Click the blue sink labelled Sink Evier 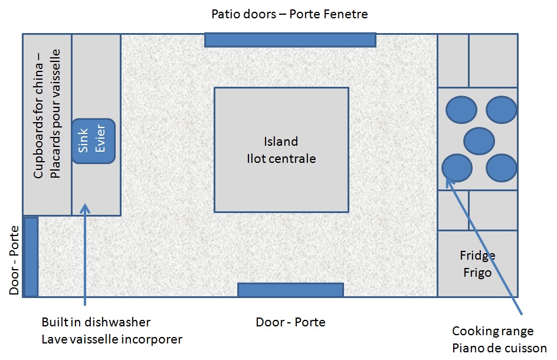point(93,141)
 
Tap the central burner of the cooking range point(479,141)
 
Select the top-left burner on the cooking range point(461,110)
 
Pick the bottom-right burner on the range point(501,168)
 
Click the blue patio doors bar point(290,40)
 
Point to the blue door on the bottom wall point(290,290)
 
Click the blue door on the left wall point(31,257)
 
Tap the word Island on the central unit point(281,142)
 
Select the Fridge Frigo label point(477,264)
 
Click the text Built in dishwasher point(96,322)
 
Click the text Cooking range point(493,331)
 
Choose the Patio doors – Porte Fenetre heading point(290,14)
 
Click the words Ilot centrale point(281,159)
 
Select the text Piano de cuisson point(499,348)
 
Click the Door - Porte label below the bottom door point(290,322)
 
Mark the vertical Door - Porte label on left point(14,260)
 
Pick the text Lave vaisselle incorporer point(112,339)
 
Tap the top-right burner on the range point(501,110)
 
